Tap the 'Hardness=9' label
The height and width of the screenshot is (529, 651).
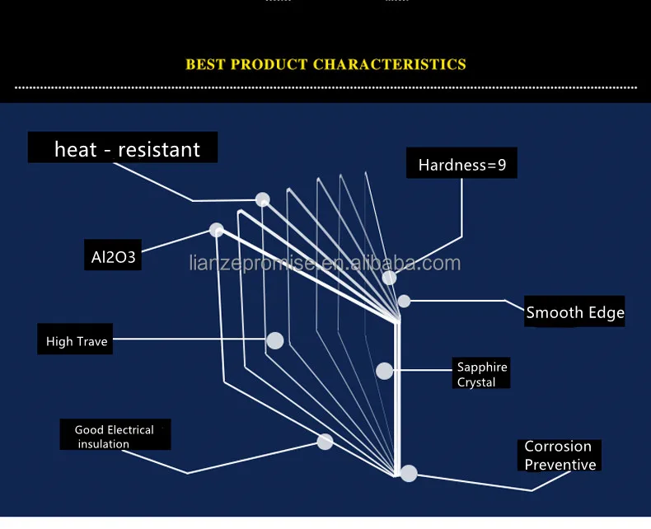point(461,165)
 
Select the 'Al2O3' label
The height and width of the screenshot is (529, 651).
point(113,258)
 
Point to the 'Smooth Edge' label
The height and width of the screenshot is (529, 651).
point(575,312)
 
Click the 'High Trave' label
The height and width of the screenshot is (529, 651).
point(77,341)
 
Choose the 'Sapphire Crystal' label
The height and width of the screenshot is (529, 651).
point(482,374)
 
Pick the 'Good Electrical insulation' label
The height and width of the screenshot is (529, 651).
point(115,437)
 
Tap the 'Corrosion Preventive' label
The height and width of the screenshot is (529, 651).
point(560,456)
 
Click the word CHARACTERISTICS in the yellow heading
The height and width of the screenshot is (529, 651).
point(390,64)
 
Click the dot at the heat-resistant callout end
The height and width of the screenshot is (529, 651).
point(262,199)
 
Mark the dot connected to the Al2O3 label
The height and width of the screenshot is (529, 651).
point(217,230)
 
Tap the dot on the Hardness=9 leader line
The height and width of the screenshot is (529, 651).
point(389,278)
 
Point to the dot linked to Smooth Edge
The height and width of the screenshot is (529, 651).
point(404,301)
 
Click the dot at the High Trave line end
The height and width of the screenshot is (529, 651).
point(275,340)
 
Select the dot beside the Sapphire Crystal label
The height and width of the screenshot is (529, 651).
point(384,371)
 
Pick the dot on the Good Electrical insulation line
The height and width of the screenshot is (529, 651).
point(325,442)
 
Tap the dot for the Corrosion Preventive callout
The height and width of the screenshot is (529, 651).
point(409,473)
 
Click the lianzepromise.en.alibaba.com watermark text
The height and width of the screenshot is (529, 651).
point(325,264)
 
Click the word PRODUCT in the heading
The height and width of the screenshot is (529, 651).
point(269,64)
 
